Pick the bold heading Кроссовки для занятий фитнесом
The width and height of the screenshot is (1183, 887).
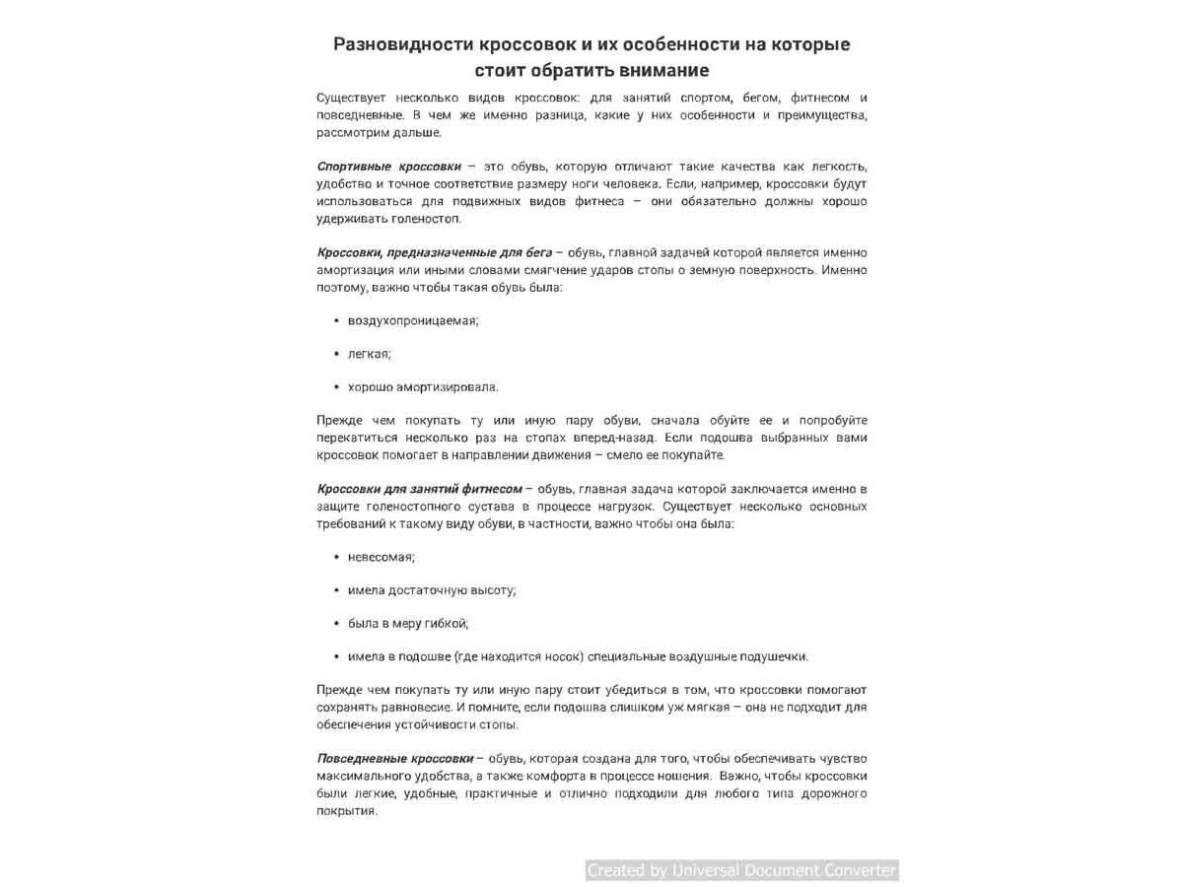coord(419,489)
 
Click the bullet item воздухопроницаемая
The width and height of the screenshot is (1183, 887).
coord(413,321)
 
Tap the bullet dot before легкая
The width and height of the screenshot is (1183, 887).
coord(336,354)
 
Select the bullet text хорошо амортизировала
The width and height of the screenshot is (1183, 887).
coord(423,387)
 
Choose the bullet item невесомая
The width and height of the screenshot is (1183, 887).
coord(381,557)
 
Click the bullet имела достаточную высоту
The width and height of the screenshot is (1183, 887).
coord(432,590)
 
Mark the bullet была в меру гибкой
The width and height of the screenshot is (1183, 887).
coord(408,624)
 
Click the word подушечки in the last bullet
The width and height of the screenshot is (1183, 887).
coord(773,656)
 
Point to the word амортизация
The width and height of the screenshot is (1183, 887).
coord(353,270)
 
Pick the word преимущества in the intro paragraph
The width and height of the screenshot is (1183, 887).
coord(822,115)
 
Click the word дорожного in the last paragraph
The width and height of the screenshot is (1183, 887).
coord(833,793)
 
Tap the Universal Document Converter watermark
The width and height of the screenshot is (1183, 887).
coord(741,870)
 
